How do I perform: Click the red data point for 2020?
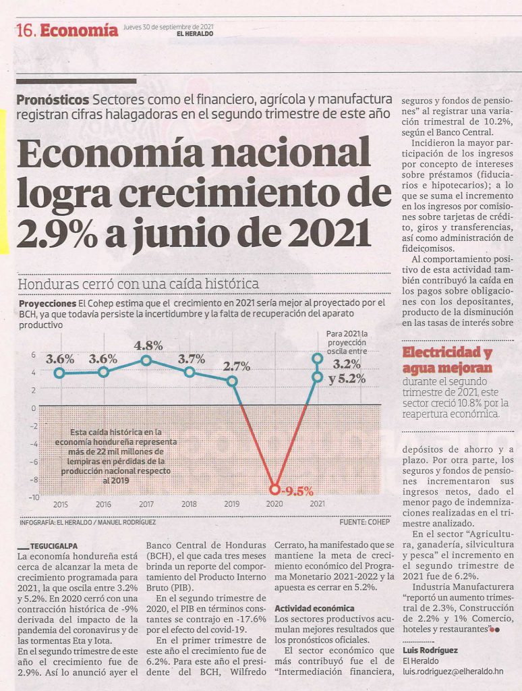[x=275, y=489]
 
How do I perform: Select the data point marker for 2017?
[x=147, y=361]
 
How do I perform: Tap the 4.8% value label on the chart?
[x=148, y=345]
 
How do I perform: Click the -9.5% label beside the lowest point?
[x=298, y=491]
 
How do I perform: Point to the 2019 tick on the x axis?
[x=232, y=504]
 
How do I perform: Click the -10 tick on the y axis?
[x=34, y=497]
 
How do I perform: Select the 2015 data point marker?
[x=60, y=373]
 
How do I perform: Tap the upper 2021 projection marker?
[x=318, y=358]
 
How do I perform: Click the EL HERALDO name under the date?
[x=194, y=34]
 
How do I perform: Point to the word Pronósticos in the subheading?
[x=53, y=100]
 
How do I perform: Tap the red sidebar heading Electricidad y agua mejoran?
[x=448, y=360]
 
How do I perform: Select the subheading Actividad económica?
[x=314, y=609]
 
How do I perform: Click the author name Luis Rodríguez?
[x=430, y=651]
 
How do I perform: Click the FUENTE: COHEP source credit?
[x=365, y=522]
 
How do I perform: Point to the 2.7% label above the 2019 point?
[x=237, y=366]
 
